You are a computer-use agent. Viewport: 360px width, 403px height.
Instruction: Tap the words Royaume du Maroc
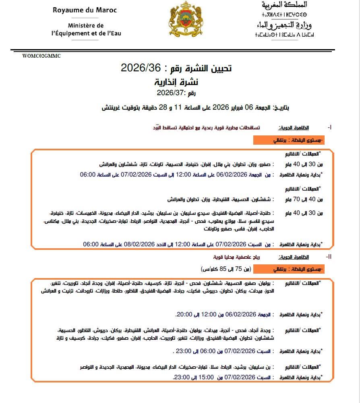[x=85, y=10]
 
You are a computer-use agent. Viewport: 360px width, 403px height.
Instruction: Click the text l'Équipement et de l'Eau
[x=86, y=33]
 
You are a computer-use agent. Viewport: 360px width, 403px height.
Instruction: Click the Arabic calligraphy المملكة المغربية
[x=284, y=6]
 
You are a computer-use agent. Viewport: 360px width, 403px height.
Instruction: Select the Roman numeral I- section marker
[x=330, y=128]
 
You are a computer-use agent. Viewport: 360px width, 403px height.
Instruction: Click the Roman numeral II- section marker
[x=329, y=257]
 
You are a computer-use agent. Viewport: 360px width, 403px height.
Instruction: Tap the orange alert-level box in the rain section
[x=289, y=140]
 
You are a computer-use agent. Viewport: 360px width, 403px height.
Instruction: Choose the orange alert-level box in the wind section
[x=289, y=269]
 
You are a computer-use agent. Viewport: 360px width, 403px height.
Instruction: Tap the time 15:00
[x=206, y=378]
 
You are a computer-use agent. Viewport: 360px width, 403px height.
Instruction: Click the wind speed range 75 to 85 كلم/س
[x=226, y=268]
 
